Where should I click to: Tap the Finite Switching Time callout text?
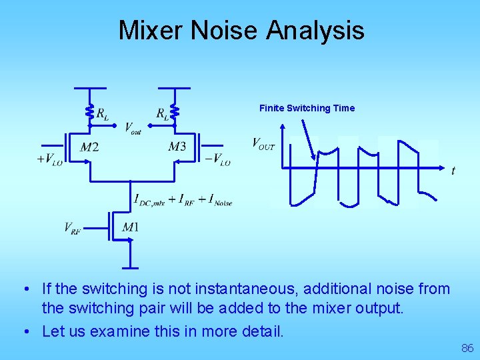point(307,108)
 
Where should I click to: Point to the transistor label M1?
point(131,228)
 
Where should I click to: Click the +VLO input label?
point(50,160)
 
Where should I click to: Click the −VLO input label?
point(217,160)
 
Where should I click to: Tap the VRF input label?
point(73,228)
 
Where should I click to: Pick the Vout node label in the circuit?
point(133,128)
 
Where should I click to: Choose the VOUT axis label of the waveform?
point(263,143)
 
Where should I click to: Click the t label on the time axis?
point(453,171)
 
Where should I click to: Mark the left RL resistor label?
point(103,113)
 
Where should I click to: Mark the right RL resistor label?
point(162,113)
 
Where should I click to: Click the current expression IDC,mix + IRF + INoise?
point(183,199)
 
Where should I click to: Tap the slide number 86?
point(467,348)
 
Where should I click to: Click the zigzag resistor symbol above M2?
point(90,112)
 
